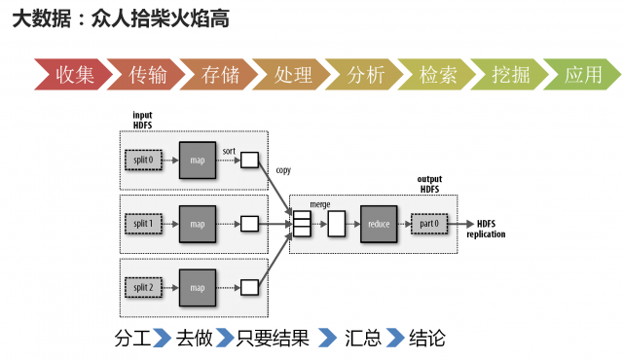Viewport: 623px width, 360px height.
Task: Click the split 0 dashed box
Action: [143, 159]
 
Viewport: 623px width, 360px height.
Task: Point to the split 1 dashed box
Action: [143, 224]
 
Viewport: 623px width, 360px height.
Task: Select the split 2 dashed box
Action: [143, 287]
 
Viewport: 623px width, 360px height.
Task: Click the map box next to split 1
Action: [198, 224]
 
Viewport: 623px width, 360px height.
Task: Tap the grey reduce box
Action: [379, 225]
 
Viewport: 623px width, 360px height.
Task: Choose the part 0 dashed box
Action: [430, 225]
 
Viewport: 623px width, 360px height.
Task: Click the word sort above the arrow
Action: [229, 151]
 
